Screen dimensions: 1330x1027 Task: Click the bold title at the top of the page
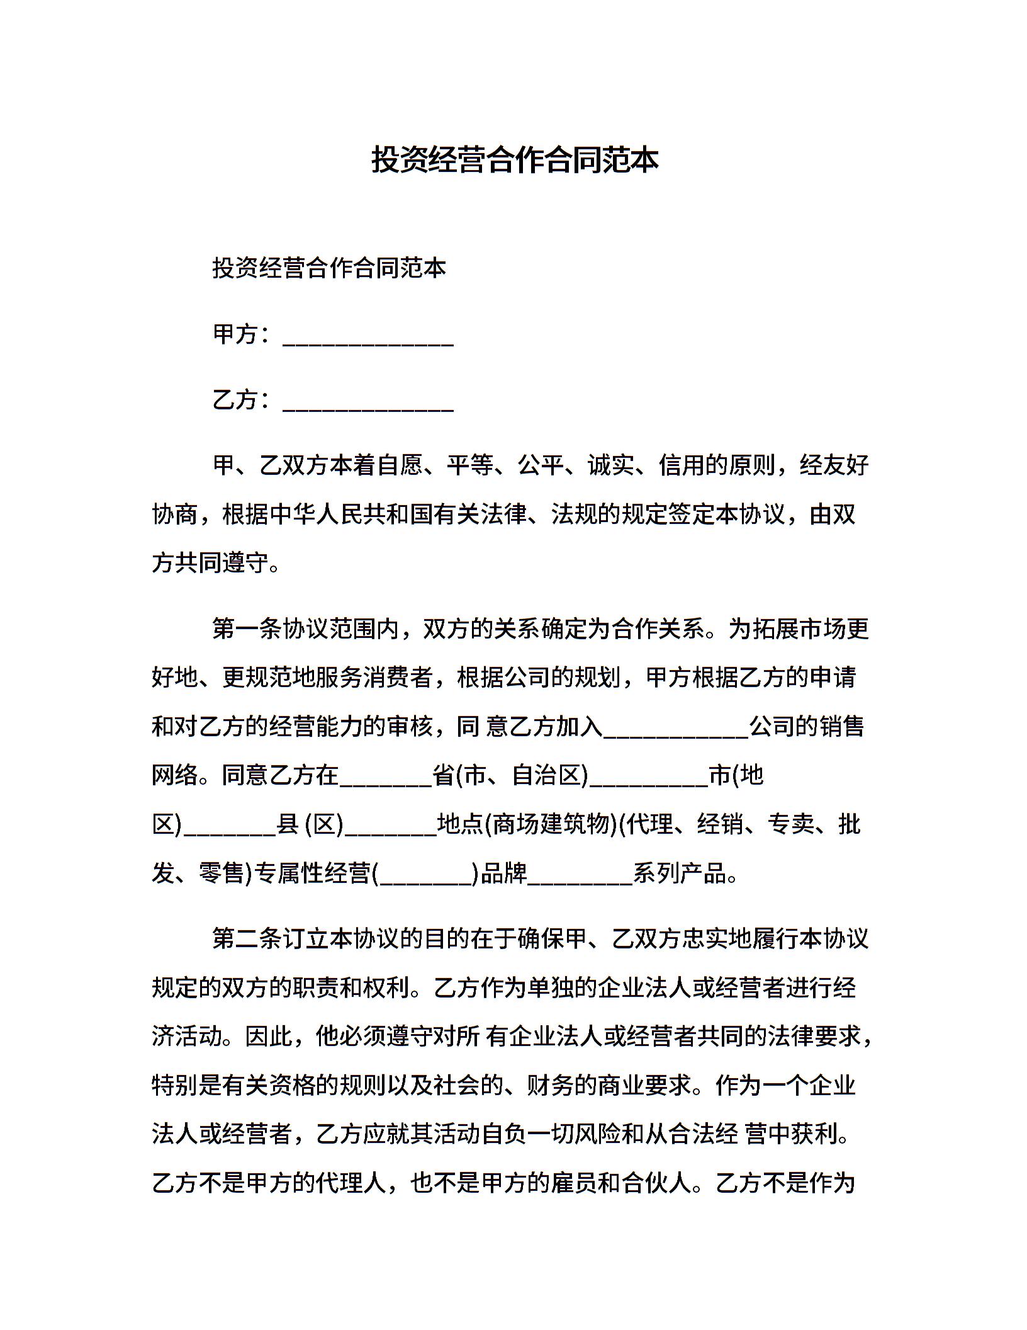[x=514, y=160]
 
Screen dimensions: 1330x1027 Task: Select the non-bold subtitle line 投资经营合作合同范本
[x=329, y=268]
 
